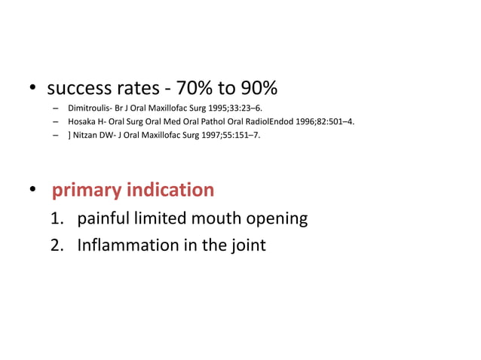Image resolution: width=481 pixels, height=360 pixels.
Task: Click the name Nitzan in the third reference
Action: pos(87,136)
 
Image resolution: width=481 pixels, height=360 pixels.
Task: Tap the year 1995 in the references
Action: pos(213,108)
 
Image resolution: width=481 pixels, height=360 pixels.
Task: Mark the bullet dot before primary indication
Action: pos(34,191)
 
